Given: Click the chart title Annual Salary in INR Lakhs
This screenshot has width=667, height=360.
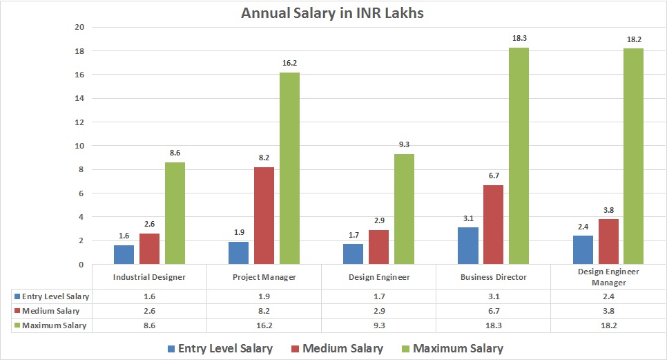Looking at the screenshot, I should [x=333, y=13].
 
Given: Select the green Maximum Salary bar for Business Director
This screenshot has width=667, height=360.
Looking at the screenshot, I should [x=519, y=155].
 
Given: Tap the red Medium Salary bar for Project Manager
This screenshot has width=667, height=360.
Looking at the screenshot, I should [x=264, y=216].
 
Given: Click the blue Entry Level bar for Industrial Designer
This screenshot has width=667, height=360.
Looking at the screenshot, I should [x=124, y=254].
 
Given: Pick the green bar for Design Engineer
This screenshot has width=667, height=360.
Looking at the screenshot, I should [x=404, y=209].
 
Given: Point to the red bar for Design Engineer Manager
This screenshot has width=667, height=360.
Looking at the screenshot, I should [x=608, y=241].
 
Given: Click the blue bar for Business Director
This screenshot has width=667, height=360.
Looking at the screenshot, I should [x=468, y=245].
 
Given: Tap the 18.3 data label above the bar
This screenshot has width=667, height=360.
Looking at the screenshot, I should [x=519, y=38].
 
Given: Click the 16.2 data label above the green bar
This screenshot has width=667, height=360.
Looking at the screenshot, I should [x=289, y=63].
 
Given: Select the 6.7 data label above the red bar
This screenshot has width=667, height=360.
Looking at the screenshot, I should [x=494, y=176].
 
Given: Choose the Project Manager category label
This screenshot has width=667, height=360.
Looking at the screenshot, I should [x=264, y=276].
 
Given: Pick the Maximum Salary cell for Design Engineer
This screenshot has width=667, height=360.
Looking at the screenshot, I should [x=378, y=325].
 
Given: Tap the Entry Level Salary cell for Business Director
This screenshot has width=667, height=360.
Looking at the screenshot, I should [x=493, y=296].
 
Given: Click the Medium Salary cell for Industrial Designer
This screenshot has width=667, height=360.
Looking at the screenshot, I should [x=149, y=310].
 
